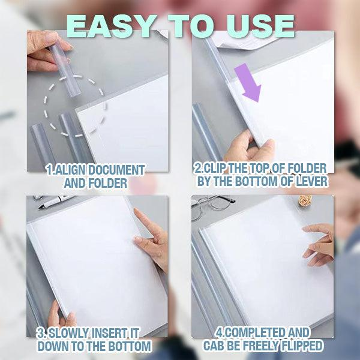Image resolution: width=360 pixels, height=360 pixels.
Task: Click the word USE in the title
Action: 263,26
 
